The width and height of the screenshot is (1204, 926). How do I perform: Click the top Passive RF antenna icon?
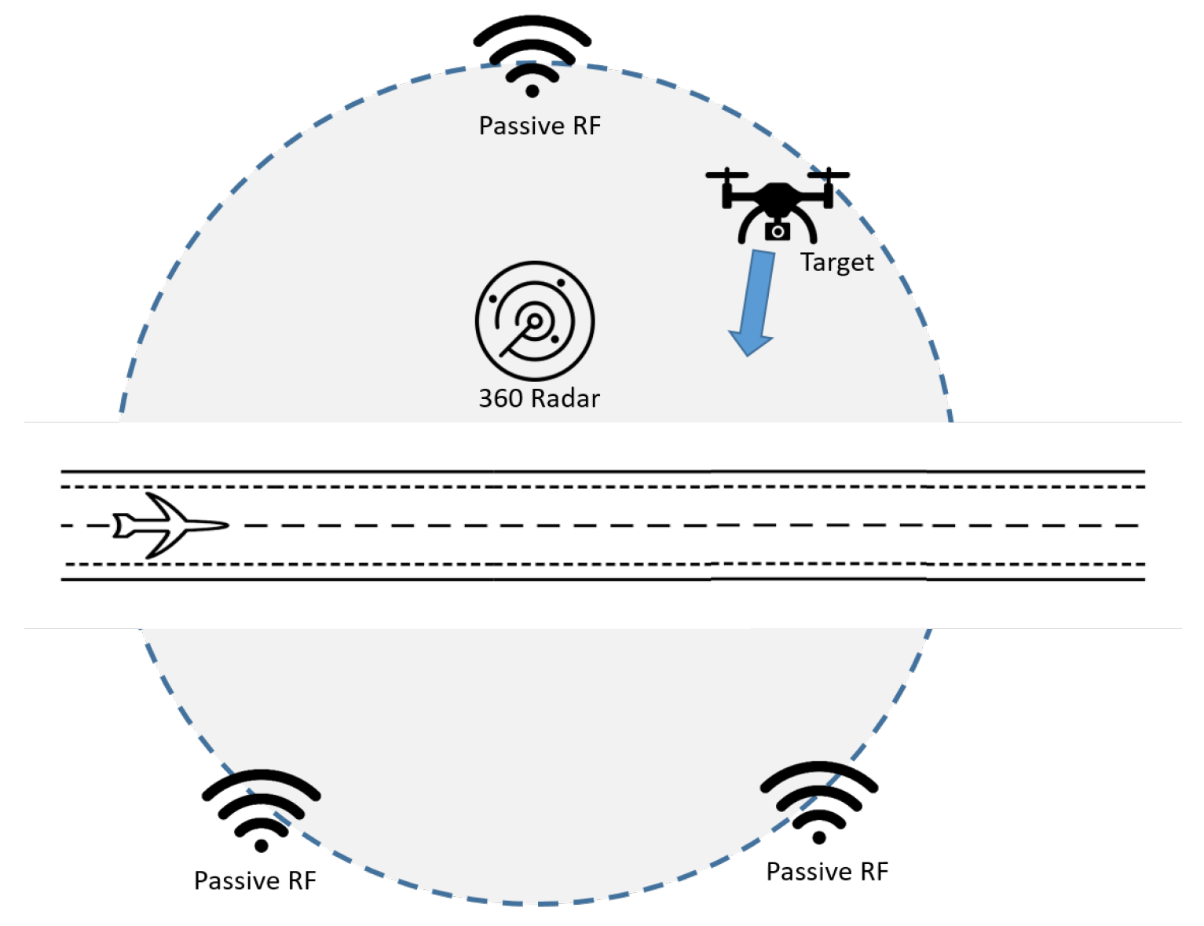[x=532, y=55]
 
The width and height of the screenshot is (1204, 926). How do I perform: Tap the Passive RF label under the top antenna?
[x=540, y=126]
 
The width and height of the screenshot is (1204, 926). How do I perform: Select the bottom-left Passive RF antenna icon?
[x=261, y=809]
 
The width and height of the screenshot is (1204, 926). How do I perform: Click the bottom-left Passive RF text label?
[x=254, y=880]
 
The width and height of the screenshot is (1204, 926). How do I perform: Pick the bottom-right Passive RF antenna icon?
[x=819, y=801]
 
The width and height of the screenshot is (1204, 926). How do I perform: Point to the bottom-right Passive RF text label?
[x=827, y=871]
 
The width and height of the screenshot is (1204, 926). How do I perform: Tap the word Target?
[x=836, y=262]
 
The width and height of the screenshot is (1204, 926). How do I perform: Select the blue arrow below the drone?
[x=755, y=302]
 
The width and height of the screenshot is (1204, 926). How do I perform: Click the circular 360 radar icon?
[x=535, y=320]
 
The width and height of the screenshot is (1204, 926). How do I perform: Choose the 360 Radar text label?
[x=539, y=398]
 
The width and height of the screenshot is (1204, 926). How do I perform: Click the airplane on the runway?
[x=170, y=525]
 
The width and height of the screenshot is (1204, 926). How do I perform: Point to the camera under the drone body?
[x=777, y=231]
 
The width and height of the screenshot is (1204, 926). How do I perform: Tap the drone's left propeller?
[x=726, y=174]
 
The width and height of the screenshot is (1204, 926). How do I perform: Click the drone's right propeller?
[x=829, y=174]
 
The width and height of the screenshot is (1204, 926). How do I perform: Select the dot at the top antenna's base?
[x=532, y=91]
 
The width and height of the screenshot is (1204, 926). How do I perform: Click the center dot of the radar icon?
[x=535, y=320]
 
